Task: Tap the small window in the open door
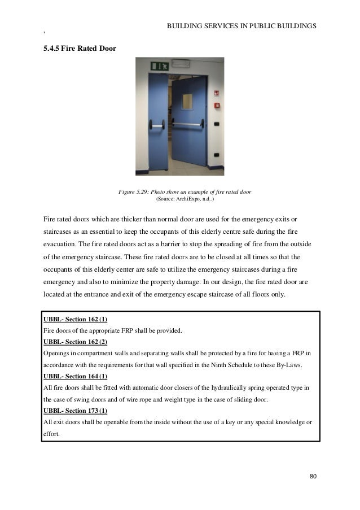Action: pyautogui.click(x=187, y=102)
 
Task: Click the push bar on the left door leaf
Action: pyautogui.click(x=154, y=123)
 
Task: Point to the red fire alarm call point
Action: pyautogui.click(x=216, y=105)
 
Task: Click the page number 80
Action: pyautogui.click(x=313, y=476)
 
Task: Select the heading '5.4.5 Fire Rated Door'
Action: pyautogui.click(x=80, y=49)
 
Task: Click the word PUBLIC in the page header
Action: pyautogui.click(x=248, y=26)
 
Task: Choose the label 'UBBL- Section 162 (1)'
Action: pyautogui.click(x=75, y=319)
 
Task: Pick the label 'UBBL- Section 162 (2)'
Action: pyautogui.click(x=75, y=342)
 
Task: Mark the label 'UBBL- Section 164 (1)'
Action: pyautogui.click(x=75, y=376)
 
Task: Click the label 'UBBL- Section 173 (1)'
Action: pyautogui.click(x=75, y=410)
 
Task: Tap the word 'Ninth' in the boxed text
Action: pyautogui.click(x=212, y=365)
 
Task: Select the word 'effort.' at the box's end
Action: pyautogui.click(x=52, y=433)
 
